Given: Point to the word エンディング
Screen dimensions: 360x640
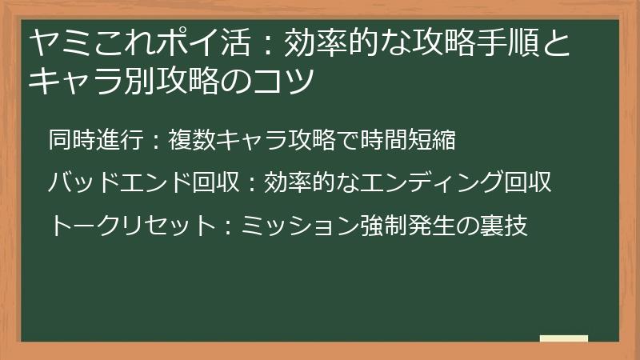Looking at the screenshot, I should (x=433, y=183).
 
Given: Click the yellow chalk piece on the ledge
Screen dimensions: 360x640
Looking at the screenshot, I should (x=564, y=338).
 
